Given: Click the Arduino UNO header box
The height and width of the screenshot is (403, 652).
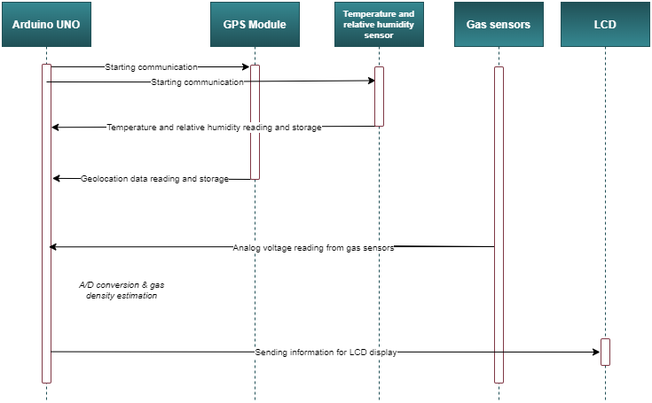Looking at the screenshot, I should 46,25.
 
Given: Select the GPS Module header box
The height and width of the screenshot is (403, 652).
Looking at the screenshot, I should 255,25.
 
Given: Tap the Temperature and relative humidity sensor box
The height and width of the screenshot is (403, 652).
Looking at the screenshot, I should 379,25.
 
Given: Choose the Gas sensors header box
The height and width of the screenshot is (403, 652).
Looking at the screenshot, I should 498,25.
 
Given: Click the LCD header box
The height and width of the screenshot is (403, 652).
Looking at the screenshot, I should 604,25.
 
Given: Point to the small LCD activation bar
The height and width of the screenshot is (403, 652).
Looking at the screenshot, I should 605,352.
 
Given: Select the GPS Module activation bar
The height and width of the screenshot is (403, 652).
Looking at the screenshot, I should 255,122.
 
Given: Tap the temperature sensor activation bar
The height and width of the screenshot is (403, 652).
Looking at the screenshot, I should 379,97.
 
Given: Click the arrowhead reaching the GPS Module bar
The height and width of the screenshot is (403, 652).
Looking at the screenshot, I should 246,66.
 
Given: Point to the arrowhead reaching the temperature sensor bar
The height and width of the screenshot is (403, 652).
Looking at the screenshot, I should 370,81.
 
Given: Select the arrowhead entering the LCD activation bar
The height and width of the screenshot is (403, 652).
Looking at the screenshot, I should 596,352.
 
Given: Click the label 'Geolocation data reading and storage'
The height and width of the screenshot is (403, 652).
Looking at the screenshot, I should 154,179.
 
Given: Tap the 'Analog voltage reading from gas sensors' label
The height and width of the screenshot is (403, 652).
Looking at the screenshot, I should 313,248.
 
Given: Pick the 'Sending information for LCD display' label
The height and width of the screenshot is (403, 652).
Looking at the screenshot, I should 326,353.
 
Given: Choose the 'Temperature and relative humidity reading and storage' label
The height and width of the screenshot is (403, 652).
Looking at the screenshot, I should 214,128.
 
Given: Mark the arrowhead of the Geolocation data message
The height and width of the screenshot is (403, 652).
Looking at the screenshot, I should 57,179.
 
